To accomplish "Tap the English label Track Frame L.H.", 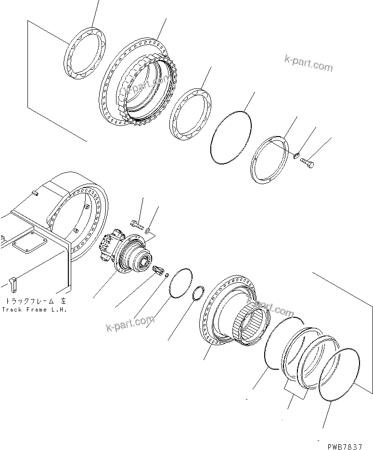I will (x=34, y=310).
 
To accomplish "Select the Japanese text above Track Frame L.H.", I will (x=34, y=301).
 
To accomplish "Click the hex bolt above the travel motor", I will (x=137, y=224).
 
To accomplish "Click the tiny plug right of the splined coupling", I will (x=166, y=275).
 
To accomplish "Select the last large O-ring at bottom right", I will (x=340, y=373).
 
